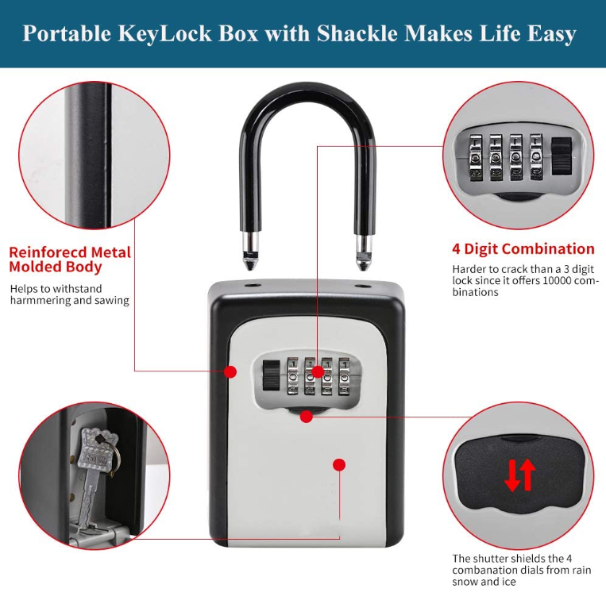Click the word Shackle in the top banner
(x=357, y=33)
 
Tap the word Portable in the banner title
(x=67, y=33)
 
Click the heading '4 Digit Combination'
(x=523, y=249)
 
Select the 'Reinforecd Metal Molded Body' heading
(x=70, y=260)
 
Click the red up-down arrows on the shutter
(x=520, y=475)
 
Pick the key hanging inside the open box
(x=95, y=475)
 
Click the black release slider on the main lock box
(x=271, y=375)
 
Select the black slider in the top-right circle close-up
(x=562, y=156)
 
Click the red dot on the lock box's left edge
(x=230, y=371)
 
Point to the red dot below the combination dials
(x=306, y=417)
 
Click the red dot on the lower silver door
(x=339, y=465)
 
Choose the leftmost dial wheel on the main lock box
(x=293, y=376)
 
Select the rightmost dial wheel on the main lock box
(x=345, y=376)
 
